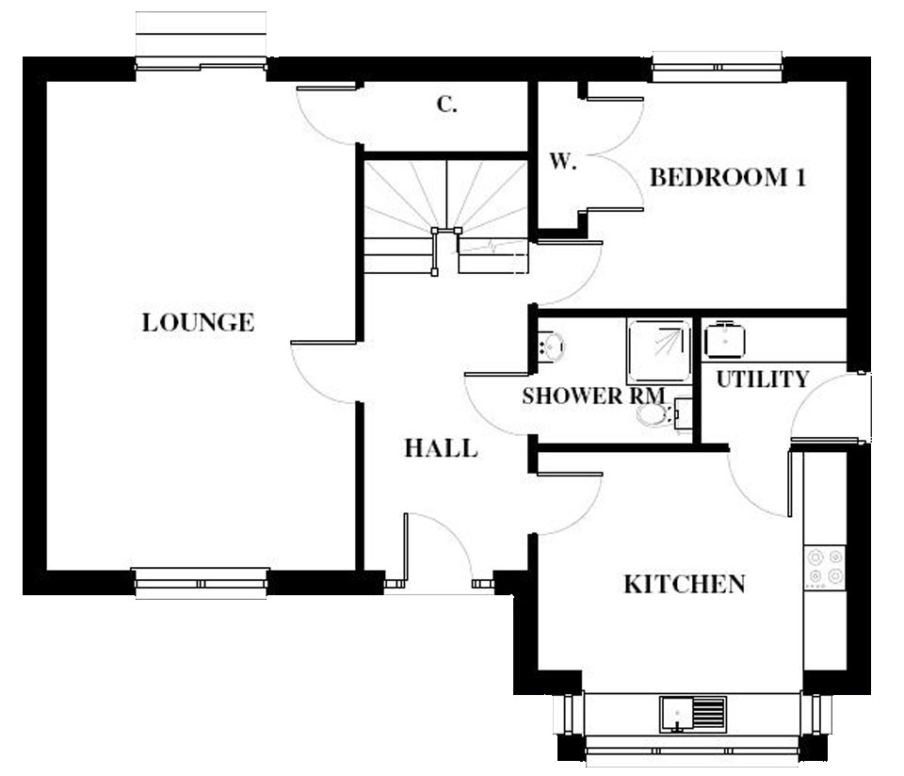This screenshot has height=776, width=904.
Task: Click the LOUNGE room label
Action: pyautogui.click(x=198, y=322)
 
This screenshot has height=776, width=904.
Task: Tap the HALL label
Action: pyautogui.click(x=441, y=448)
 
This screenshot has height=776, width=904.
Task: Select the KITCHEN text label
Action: pyautogui.click(x=685, y=585)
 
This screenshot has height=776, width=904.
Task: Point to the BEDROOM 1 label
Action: pyautogui.click(x=728, y=178)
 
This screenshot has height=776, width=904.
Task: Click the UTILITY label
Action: pyautogui.click(x=762, y=380)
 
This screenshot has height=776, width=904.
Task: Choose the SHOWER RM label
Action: pyautogui.click(x=593, y=396)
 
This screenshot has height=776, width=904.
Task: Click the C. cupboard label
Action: pyautogui.click(x=446, y=105)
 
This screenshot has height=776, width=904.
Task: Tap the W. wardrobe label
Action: pyautogui.click(x=563, y=161)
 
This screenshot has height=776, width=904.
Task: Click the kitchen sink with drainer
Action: pyautogui.click(x=693, y=714)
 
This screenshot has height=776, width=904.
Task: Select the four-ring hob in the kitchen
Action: pyautogui.click(x=825, y=567)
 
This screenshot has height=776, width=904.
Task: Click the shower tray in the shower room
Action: pyautogui.click(x=659, y=350)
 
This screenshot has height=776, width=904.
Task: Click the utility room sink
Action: pyautogui.click(x=724, y=339)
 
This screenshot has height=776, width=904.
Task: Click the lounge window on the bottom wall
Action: pyautogui.click(x=201, y=583)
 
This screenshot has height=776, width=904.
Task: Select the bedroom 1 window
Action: pyautogui.click(x=718, y=67)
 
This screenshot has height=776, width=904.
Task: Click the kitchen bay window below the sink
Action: pyautogui.click(x=692, y=750)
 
